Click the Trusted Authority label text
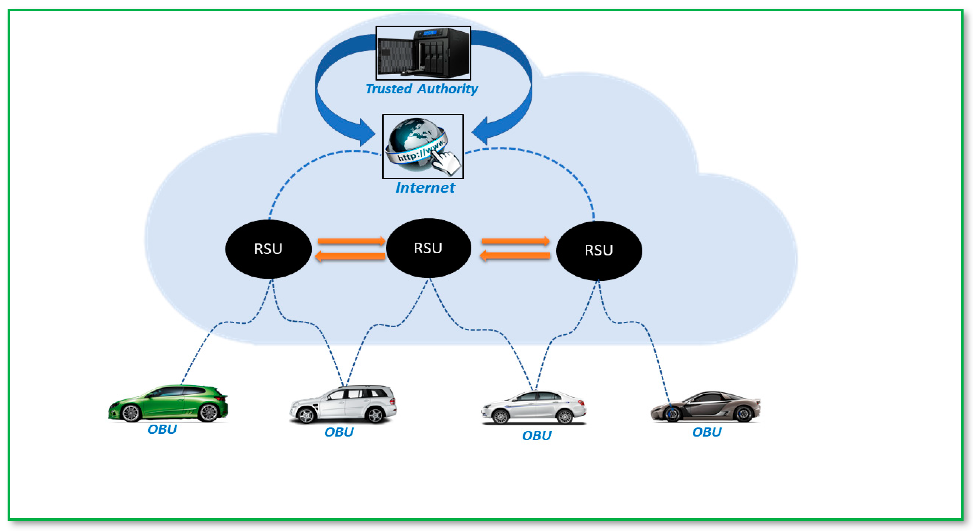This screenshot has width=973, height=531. click(x=422, y=89)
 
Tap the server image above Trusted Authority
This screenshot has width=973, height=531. click(x=423, y=53)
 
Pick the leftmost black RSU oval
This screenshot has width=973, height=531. click(x=268, y=249)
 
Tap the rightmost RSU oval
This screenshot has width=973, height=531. click(x=599, y=250)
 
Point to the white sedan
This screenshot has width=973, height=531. click(x=533, y=408)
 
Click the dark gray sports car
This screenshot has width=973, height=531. click(x=705, y=407)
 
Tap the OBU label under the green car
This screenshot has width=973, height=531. click(x=162, y=429)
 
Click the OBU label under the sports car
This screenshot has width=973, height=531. click(x=707, y=432)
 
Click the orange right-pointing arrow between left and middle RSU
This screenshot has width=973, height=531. click(x=351, y=241)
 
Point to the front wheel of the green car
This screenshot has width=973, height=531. click(x=131, y=414)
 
